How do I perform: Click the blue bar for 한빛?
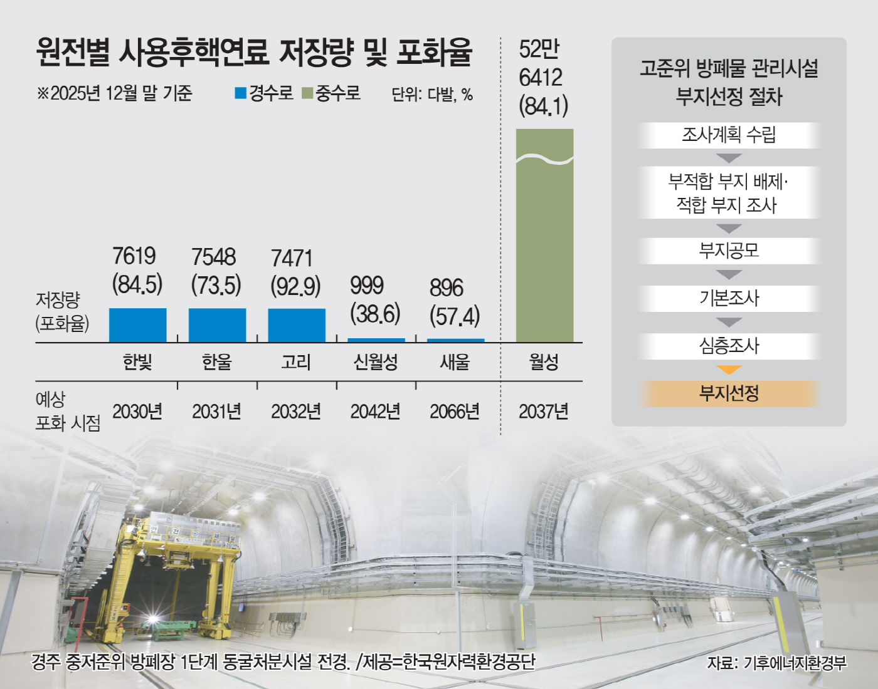tap(137, 324)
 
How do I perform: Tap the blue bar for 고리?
tap(297, 324)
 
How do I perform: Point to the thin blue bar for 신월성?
tap(376, 340)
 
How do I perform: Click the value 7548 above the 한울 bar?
tap(213, 257)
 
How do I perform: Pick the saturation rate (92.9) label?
tap(295, 286)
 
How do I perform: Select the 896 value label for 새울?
tap(446, 288)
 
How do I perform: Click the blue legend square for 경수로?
tap(240, 93)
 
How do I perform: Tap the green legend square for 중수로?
tap(307, 93)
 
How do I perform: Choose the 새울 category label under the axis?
tap(455, 362)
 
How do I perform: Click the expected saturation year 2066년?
tap(455, 412)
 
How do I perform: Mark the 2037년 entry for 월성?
tap(544, 412)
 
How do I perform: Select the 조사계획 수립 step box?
tap(729, 135)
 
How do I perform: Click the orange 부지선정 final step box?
tap(729, 393)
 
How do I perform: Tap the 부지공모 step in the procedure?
tap(729, 251)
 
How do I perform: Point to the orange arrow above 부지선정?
tap(729, 370)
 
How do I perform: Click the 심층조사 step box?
tap(729, 346)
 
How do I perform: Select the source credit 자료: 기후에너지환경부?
tap(776, 663)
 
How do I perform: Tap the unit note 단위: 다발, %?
tap(432, 95)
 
